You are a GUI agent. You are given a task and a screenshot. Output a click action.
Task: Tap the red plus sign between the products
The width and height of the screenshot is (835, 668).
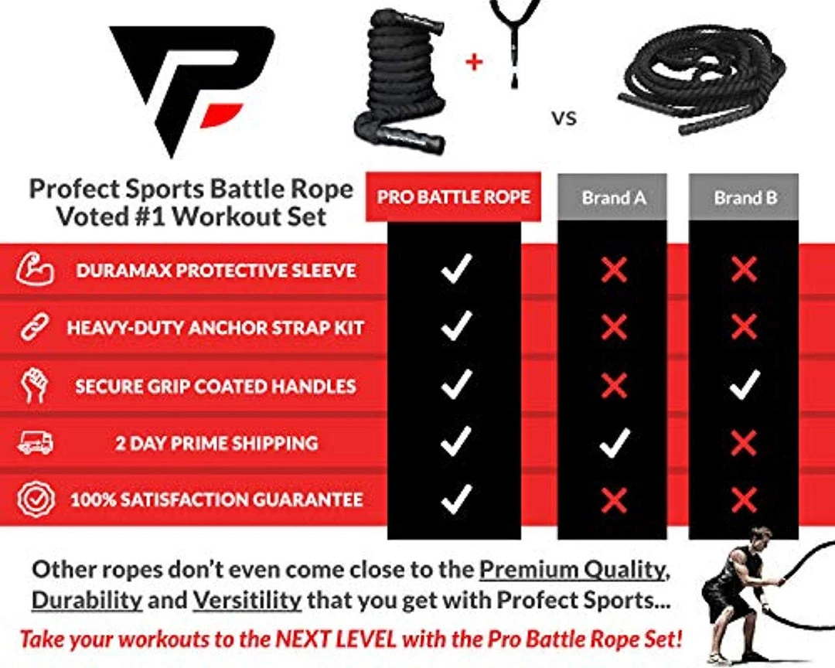(474, 62)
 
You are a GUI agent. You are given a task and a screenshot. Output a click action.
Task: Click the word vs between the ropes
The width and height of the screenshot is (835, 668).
(564, 118)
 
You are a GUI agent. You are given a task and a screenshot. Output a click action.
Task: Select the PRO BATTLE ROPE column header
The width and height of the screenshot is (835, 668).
(454, 197)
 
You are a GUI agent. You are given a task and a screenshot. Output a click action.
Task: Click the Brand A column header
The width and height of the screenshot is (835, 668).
(613, 197)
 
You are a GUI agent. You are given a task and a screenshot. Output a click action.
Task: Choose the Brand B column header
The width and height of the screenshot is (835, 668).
(745, 197)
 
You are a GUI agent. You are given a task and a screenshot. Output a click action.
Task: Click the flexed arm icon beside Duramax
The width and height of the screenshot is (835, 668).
(35, 271)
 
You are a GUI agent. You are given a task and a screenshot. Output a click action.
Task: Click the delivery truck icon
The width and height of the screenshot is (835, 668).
(35, 443)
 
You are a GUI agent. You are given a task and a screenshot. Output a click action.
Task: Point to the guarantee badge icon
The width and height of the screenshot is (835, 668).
(35, 499)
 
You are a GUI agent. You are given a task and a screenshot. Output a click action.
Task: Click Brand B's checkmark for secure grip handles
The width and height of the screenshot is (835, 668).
(744, 385)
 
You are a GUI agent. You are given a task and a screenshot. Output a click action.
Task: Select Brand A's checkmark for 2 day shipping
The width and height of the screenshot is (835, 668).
(614, 442)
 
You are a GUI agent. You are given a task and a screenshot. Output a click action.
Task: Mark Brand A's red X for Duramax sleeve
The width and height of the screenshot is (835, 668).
(614, 270)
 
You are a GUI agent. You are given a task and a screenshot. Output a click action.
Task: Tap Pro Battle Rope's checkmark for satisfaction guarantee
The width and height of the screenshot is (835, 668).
(455, 499)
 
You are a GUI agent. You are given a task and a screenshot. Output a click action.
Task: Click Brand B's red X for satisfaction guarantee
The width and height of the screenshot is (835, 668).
(744, 499)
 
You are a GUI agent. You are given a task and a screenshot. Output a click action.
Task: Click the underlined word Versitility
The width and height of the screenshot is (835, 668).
(247, 600)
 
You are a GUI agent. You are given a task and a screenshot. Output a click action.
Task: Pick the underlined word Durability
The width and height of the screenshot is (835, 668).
(87, 600)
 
